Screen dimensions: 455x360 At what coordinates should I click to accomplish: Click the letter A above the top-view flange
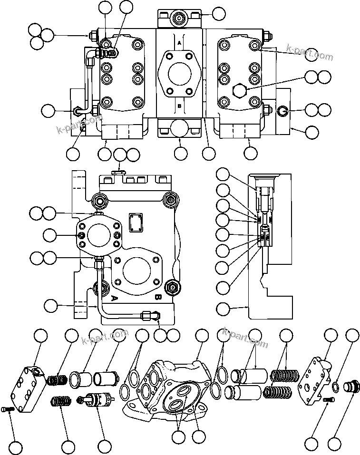(179, 43)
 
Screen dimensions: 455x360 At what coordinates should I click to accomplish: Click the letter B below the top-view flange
(179, 107)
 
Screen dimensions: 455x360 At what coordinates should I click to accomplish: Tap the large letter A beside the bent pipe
(114, 298)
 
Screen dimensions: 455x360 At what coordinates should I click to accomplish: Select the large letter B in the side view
(157, 298)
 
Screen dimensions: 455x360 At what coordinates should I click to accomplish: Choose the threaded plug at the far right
(351, 384)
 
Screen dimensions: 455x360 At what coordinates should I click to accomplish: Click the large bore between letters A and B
(179, 74)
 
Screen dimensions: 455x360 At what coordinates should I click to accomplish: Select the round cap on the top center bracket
(180, 19)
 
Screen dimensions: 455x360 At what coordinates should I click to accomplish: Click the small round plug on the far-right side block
(282, 112)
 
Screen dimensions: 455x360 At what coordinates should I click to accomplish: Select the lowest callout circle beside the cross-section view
(223, 309)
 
